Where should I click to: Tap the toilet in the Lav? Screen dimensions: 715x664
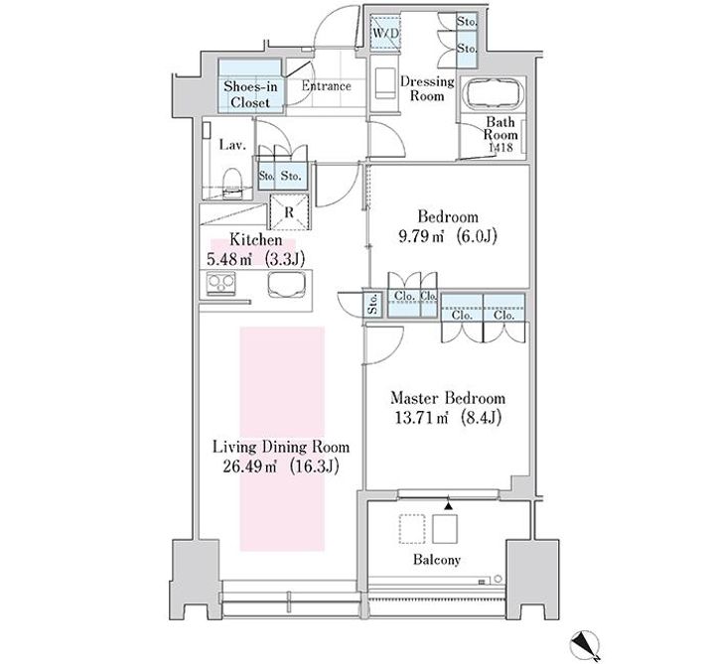pos(232,184)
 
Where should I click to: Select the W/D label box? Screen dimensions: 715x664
pos(385,32)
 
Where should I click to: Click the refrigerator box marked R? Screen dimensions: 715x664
pos(289,212)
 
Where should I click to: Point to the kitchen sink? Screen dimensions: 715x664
pos(286,285)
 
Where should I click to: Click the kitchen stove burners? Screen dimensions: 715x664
pos(221,284)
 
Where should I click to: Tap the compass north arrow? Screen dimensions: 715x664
pos(585,646)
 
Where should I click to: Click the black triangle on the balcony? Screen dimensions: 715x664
pos(449,505)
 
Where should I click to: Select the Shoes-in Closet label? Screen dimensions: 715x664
pos(250,94)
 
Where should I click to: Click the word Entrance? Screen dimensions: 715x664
pos(326,86)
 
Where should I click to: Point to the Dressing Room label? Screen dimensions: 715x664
pos(427,88)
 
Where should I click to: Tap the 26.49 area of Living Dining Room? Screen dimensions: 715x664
pos(249,466)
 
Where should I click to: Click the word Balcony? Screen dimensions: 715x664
pos(437,560)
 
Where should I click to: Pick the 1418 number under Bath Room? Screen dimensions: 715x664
pos(500,147)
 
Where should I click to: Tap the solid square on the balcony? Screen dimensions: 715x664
pos(445,529)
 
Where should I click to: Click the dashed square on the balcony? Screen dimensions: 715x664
pos(412,529)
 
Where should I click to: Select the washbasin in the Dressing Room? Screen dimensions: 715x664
pos(385,83)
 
